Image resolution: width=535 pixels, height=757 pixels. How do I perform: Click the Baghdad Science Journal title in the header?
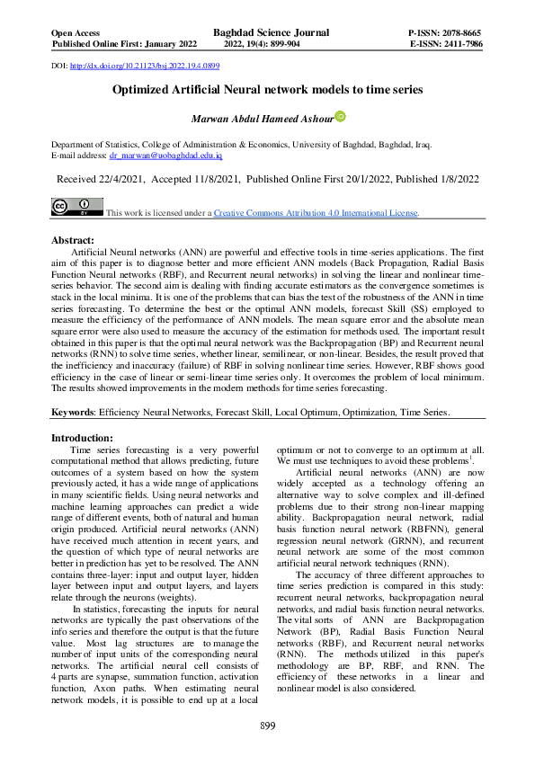[x=271, y=32]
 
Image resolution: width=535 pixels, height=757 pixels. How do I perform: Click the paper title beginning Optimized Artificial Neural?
[x=267, y=91]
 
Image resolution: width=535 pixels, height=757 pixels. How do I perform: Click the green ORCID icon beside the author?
[x=340, y=117]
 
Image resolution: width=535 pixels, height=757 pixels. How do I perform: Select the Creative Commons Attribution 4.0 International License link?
[x=316, y=213]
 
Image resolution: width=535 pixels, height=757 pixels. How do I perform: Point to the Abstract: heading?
[x=73, y=241]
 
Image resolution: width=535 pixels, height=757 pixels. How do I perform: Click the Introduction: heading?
[x=88, y=437]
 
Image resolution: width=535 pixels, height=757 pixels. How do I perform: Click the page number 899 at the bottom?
[x=267, y=726]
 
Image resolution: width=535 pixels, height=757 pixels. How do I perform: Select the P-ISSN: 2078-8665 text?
[x=445, y=32]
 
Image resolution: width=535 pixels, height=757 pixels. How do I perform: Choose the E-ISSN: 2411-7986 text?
[x=446, y=43]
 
